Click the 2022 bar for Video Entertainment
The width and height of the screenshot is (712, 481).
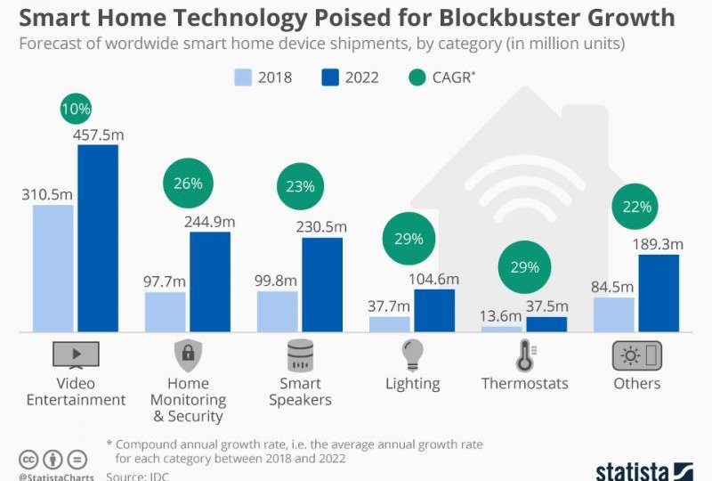click(x=97, y=238)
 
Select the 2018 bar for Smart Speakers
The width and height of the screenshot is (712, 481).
click(x=277, y=311)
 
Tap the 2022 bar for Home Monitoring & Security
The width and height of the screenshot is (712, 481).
click(x=210, y=281)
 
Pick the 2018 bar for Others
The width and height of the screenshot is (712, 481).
click(x=613, y=314)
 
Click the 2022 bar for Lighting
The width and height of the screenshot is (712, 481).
click(x=434, y=310)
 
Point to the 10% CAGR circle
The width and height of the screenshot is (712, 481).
click(x=76, y=110)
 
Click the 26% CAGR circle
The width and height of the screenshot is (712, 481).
click(x=188, y=184)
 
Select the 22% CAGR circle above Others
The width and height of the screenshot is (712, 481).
click(x=636, y=207)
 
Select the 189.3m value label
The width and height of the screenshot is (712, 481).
click(x=659, y=244)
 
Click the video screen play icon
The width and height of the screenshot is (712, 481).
click(x=76, y=355)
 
